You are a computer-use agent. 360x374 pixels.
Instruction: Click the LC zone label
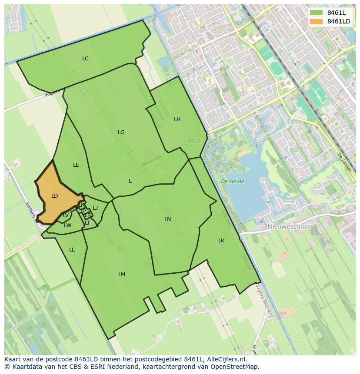(x=85, y=59)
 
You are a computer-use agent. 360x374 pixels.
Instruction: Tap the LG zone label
(x=121, y=132)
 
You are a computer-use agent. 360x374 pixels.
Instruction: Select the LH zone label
(x=177, y=119)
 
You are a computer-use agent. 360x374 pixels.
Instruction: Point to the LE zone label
(x=76, y=165)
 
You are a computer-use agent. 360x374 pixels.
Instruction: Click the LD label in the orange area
(x=54, y=196)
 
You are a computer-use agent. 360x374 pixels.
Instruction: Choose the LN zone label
(x=167, y=219)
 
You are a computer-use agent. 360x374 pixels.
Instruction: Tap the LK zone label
(x=221, y=241)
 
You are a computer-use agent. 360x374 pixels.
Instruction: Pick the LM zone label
(x=122, y=275)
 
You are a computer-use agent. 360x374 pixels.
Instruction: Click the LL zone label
(x=72, y=250)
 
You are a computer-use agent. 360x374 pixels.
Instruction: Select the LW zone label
(x=67, y=225)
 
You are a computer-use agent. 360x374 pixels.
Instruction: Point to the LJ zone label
(x=95, y=208)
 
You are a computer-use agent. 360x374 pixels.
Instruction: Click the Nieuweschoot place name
(x=289, y=227)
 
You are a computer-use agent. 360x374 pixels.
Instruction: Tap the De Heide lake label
(x=232, y=181)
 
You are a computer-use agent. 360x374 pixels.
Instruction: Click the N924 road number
(x=194, y=141)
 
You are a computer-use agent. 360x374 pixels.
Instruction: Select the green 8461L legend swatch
(x=316, y=13)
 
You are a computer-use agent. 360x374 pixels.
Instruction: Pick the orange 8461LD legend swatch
(x=316, y=21)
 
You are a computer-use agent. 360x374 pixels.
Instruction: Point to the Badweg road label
(x=30, y=208)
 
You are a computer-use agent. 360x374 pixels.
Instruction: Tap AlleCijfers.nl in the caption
(x=222, y=359)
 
